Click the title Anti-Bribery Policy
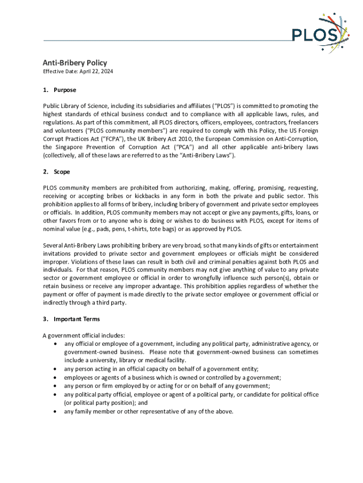click(x=75, y=63)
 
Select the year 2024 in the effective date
click(x=106, y=72)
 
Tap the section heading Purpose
click(x=65, y=90)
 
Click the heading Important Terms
click(x=76, y=319)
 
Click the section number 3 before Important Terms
click(x=45, y=319)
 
